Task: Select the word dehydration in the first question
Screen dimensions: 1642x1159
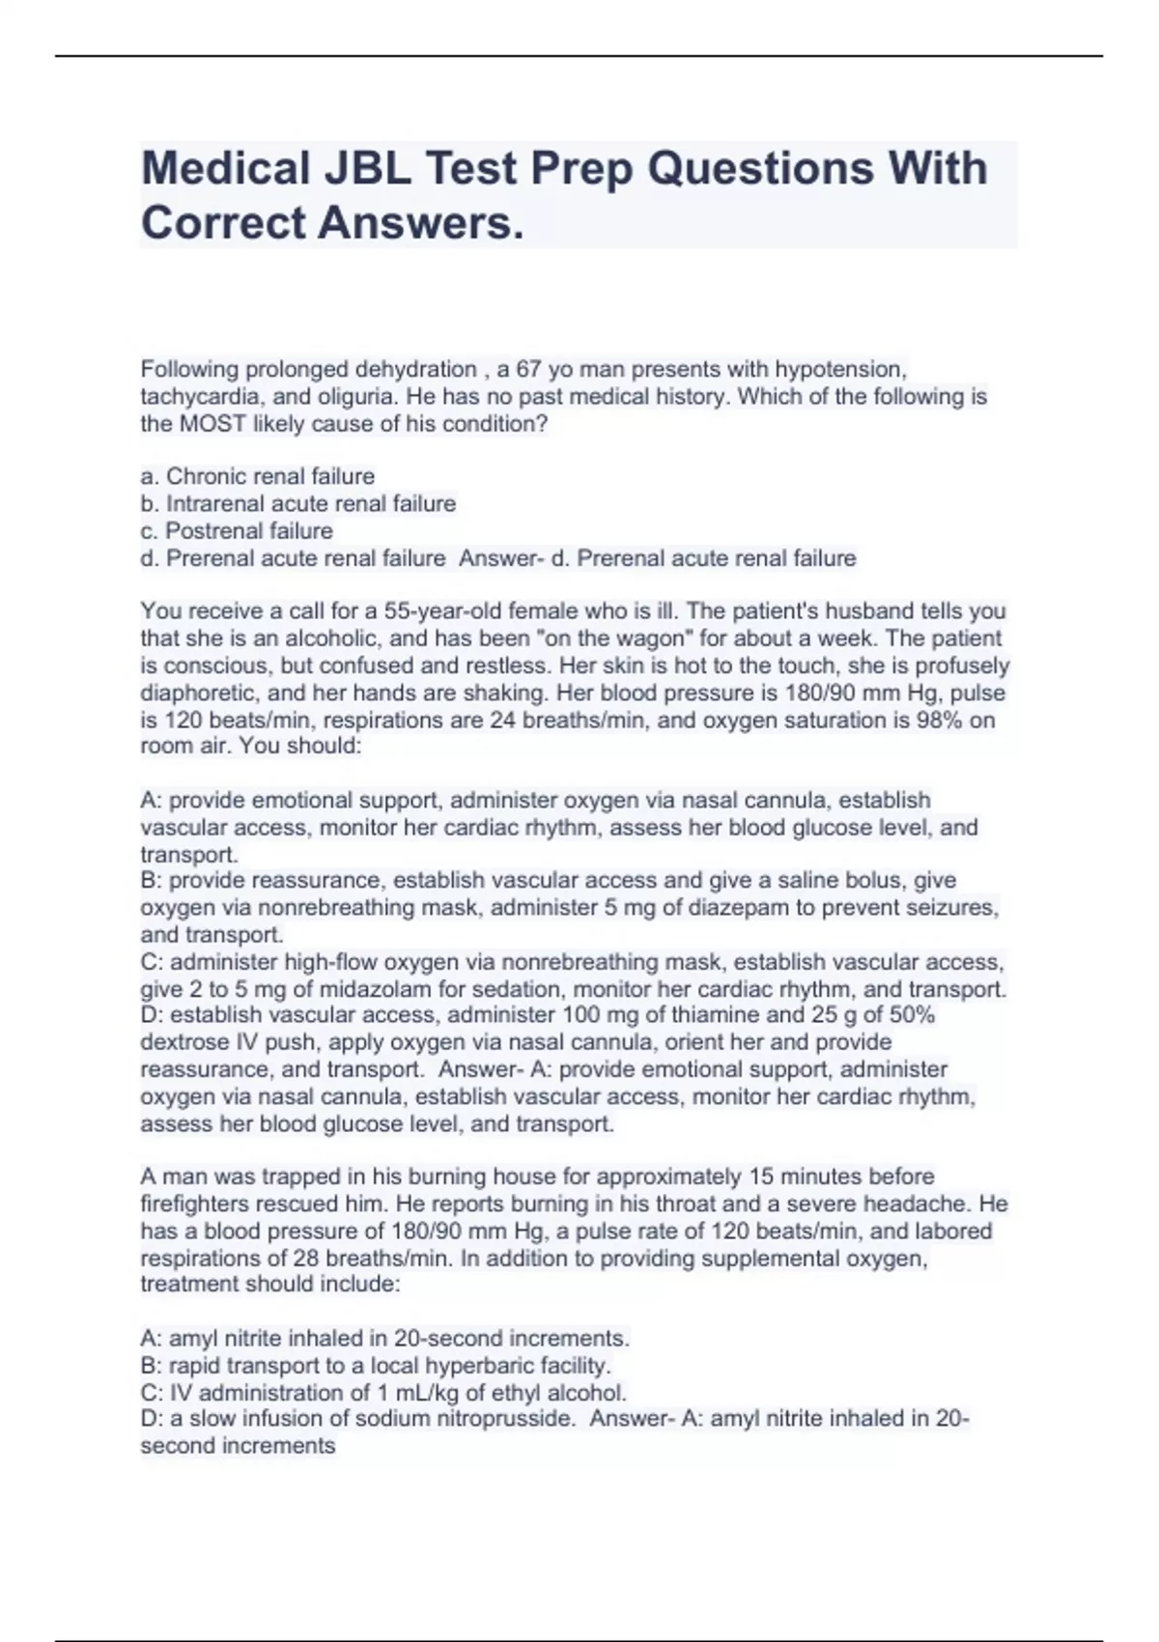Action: point(415,369)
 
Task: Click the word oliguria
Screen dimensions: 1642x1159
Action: point(357,396)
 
